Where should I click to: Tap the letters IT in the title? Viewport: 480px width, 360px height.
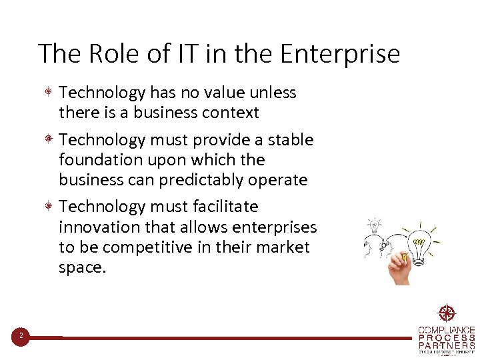(183, 53)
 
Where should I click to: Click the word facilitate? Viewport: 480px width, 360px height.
(225, 207)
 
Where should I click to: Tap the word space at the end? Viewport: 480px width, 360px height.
(81, 268)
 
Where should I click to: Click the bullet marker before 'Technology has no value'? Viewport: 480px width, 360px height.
(49, 92)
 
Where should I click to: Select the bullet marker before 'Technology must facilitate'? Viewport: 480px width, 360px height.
(49, 207)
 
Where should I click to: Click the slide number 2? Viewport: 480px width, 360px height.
(21, 336)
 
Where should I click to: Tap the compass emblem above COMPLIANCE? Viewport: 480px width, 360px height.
(446, 313)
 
